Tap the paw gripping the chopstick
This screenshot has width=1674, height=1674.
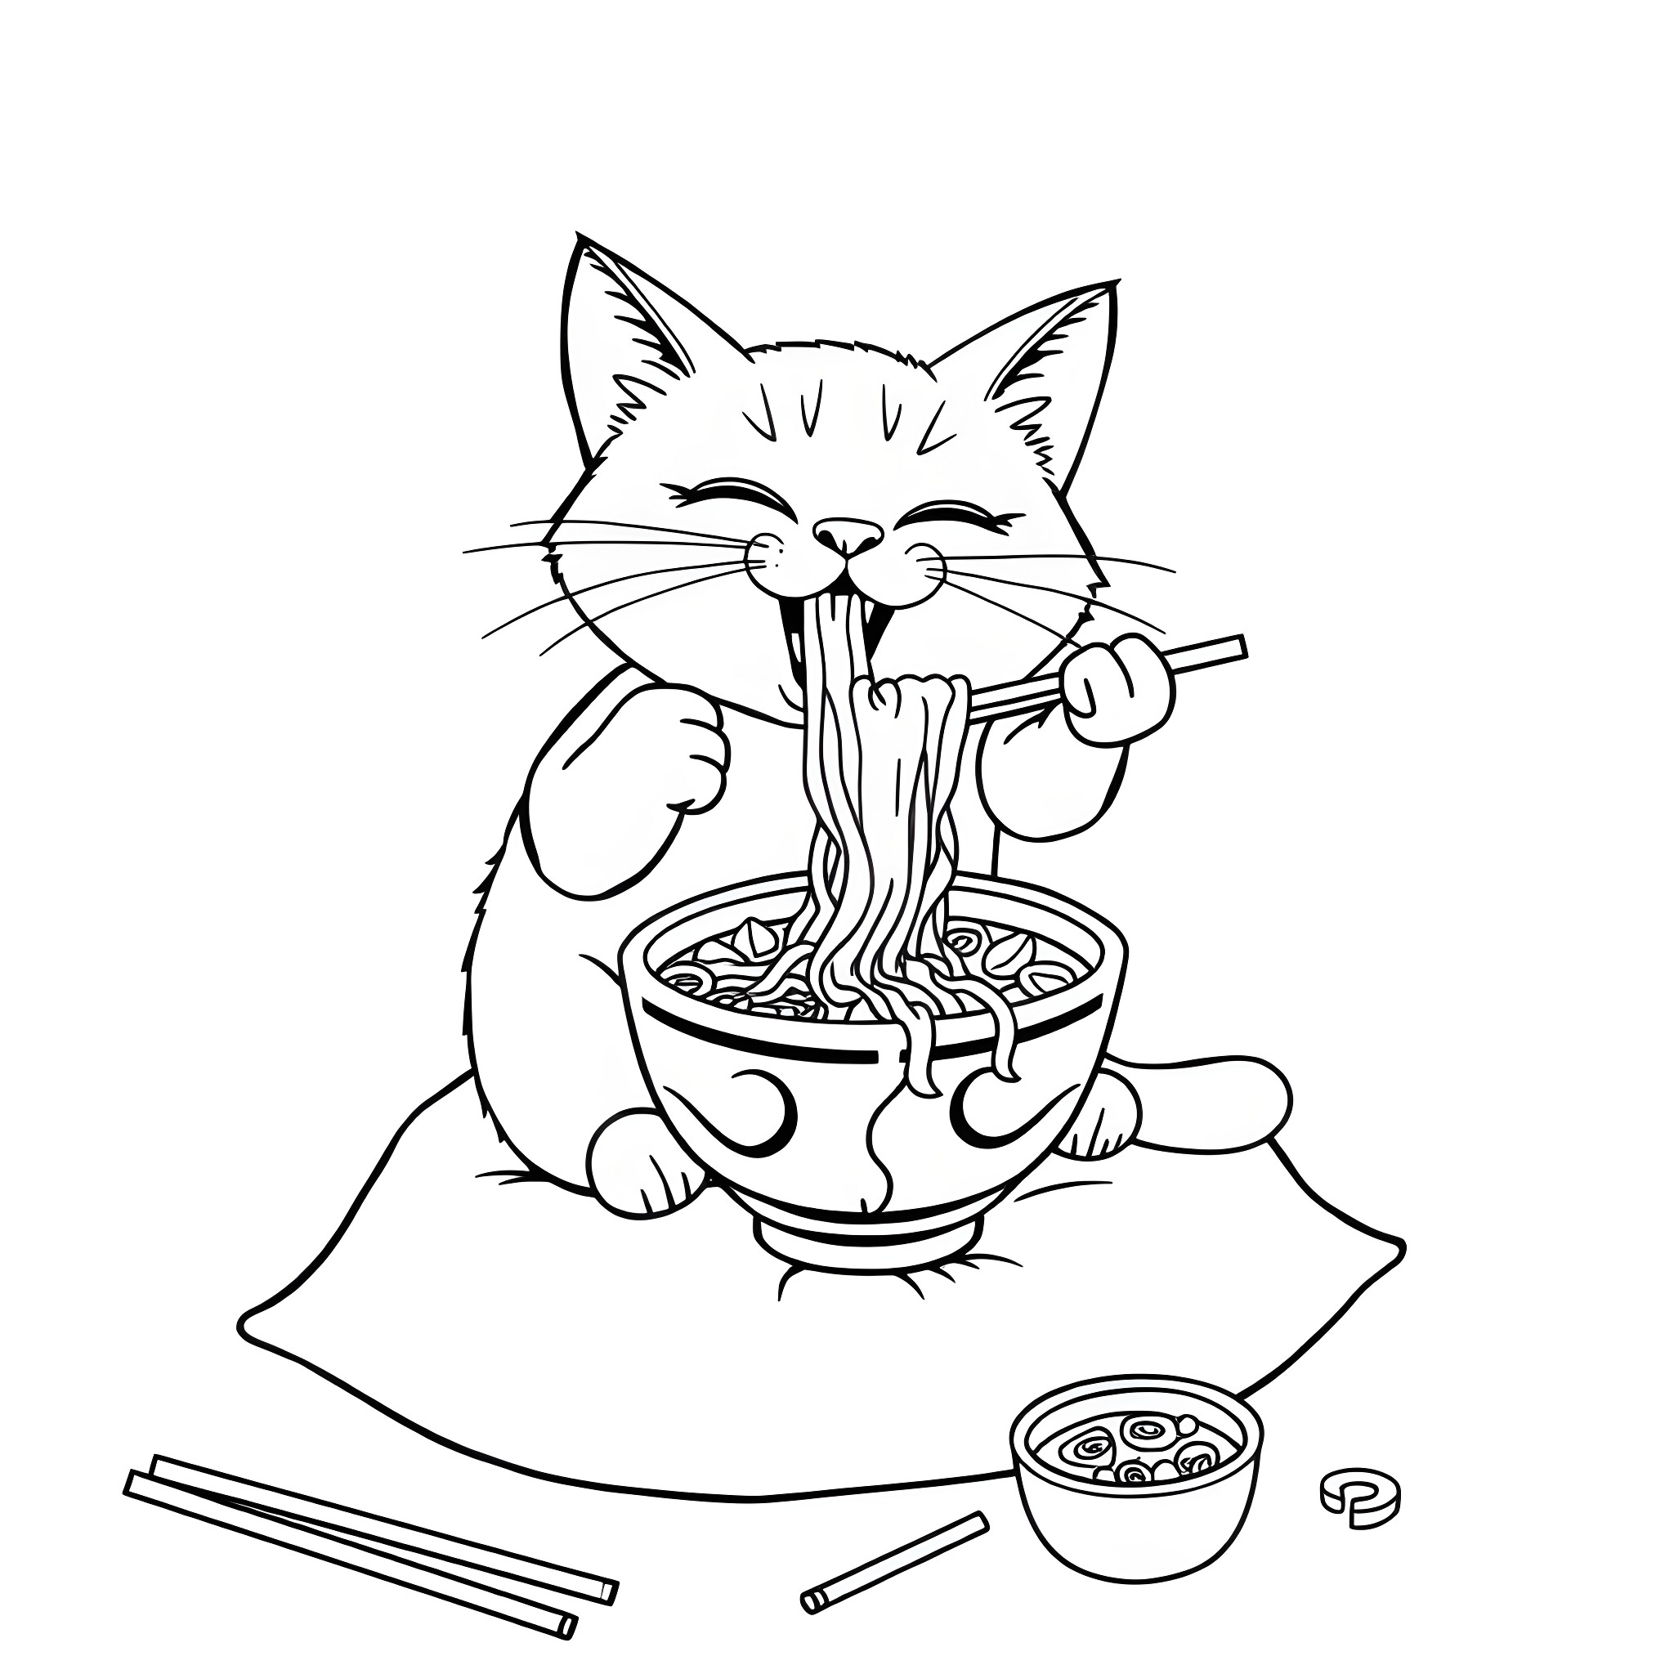[x=1117, y=690]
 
